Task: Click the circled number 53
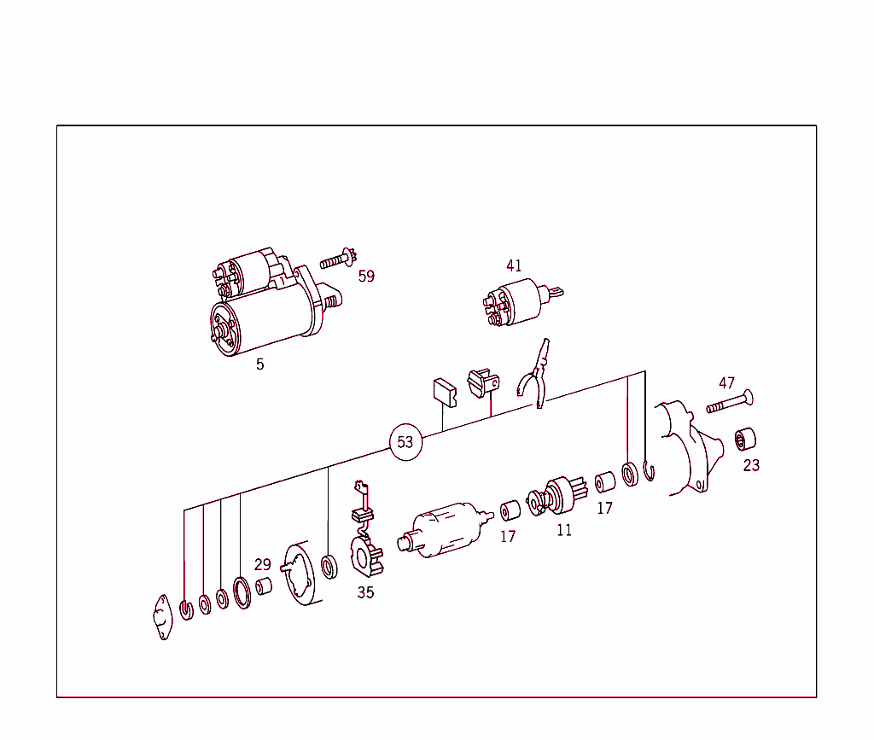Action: (x=405, y=442)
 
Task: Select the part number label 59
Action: (x=366, y=277)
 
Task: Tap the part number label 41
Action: (x=513, y=266)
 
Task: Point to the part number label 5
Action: (x=259, y=364)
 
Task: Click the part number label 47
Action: (x=726, y=383)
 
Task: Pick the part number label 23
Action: (x=751, y=465)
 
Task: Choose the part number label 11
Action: (x=564, y=530)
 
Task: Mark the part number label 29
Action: (x=262, y=564)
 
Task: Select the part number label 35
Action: (x=365, y=592)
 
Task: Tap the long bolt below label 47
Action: (x=730, y=402)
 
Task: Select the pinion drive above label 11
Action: (x=560, y=495)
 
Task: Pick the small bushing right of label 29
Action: (x=265, y=586)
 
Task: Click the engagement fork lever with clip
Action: (x=534, y=376)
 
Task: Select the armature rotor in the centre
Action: (x=444, y=529)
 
